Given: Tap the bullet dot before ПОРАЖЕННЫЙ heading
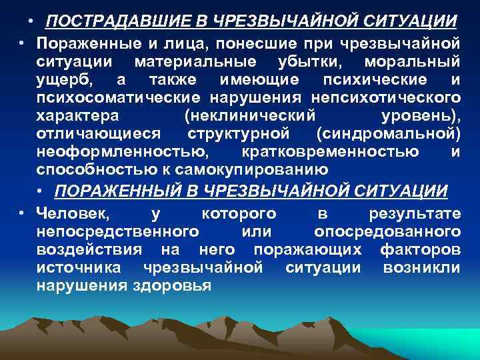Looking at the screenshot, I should (42, 191).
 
